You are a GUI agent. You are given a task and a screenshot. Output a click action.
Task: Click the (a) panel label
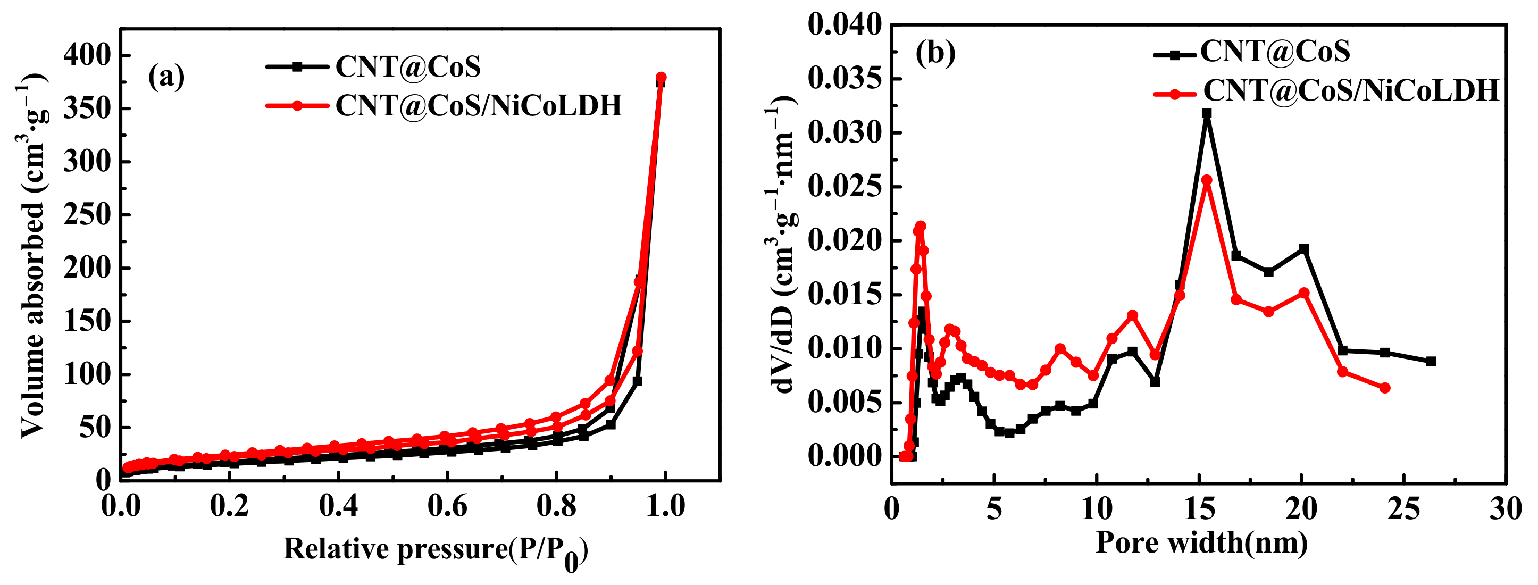pyautogui.click(x=166, y=77)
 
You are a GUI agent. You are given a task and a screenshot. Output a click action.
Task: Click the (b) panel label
pyautogui.click(x=935, y=53)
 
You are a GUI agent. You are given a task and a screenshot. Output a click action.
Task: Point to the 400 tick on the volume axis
pyautogui.click(x=88, y=55)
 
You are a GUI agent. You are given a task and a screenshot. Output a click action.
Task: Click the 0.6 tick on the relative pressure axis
pyautogui.click(x=447, y=506)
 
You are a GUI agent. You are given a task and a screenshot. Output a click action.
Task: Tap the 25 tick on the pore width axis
pyautogui.click(x=1403, y=508)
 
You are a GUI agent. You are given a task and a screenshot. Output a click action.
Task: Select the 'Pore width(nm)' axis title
pyautogui.click(x=1201, y=542)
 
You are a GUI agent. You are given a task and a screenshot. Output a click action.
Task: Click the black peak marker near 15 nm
pyautogui.click(x=1207, y=113)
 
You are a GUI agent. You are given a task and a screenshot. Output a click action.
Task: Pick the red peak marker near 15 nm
pyautogui.click(x=1207, y=180)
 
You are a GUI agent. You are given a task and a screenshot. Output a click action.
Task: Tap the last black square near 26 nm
pyautogui.click(x=1431, y=361)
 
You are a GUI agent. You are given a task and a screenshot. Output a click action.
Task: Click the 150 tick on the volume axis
pyautogui.click(x=88, y=321)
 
